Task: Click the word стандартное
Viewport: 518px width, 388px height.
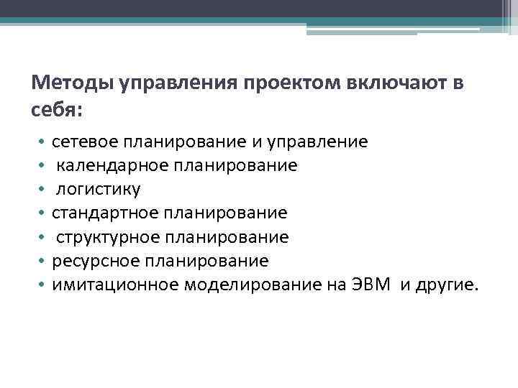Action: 104,213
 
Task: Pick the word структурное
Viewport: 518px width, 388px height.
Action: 108,237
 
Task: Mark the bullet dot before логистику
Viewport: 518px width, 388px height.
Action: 42,190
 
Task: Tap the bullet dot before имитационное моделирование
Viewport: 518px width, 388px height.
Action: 42,285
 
